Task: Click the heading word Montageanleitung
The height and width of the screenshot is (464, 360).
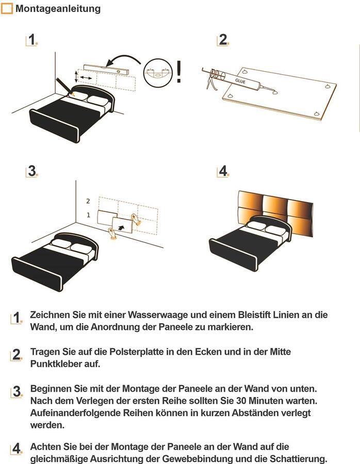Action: (x=58, y=9)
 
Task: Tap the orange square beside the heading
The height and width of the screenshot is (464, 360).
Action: (x=7, y=9)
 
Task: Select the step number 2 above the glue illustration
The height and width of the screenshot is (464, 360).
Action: (x=223, y=40)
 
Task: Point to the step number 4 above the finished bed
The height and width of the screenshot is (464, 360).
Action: (x=223, y=171)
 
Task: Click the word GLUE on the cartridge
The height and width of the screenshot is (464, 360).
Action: (x=241, y=81)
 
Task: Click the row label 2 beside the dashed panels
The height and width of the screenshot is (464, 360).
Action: (x=88, y=201)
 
